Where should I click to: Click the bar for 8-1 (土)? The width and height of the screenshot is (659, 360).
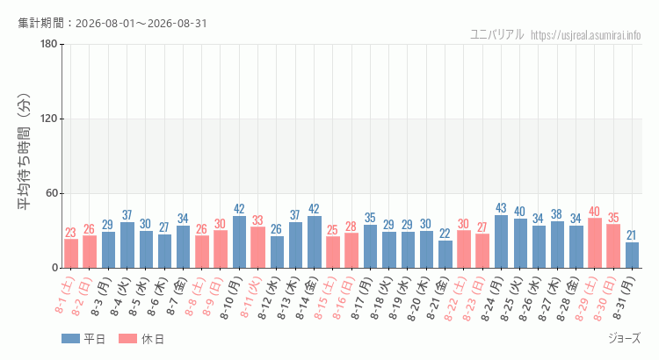pyautogui.click(x=71, y=253)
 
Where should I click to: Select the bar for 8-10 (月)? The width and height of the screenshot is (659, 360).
pyautogui.click(x=239, y=242)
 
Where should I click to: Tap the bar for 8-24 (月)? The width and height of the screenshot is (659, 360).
pyautogui.click(x=501, y=241)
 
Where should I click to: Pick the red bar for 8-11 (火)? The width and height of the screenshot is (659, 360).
pyautogui.click(x=258, y=248)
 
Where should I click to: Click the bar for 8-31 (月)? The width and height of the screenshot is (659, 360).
pyautogui.click(x=632, y=255)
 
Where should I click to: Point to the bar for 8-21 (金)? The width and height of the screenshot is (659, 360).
pyautogui.click(x=445, y=254)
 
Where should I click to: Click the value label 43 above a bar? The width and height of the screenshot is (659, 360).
pyautogui.click(x=501, y=208)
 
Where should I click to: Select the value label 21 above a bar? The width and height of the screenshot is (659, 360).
pyautogui.click(x=632, y=235)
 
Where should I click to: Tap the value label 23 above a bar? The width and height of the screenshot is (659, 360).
pyautogui.click(x=70, y=233)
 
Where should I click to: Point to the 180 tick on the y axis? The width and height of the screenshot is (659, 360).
pyautogui.click(x=48, y=44)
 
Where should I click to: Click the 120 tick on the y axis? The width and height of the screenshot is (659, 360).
pyautogui.click(x=48, y=119)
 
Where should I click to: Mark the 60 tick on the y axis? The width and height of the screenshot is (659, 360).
pyautogui.click(x=52, y=193)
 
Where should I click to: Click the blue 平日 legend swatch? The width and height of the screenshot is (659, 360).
pyautogui.click(x=70, y=339)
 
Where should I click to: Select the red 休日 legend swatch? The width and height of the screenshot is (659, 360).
pyautogui.click(x=127, y=339)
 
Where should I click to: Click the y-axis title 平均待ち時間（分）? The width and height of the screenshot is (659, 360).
pyautogui.click(x=25, y=152)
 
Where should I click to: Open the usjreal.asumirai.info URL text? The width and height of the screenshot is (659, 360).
pyautogui.click(x=586, y=35)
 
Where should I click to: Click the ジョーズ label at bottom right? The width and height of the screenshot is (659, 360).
pyautogui.click(x=625, y=338)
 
